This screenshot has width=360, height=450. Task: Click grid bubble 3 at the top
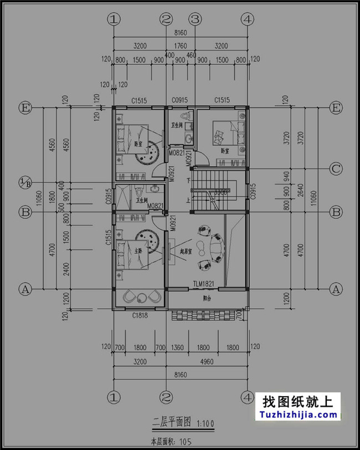click(x=194, y=19)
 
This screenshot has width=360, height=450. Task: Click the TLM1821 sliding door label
click(x=203, y=284)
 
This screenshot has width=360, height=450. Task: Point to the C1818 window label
click(x=140, y=315)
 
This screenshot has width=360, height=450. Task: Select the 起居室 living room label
click(x=186, y=251)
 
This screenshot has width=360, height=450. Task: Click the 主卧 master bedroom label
click(x=138, y=250)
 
